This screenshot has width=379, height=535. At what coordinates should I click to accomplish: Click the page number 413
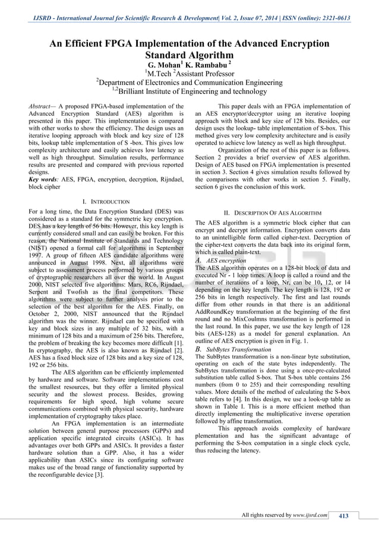pos(343,515)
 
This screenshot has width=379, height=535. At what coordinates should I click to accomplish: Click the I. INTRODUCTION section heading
pos(106,202)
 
